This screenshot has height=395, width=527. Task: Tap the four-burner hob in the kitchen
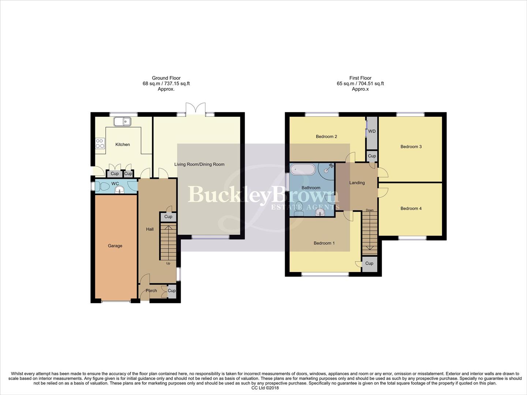(100, 143)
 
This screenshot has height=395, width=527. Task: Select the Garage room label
(115, 246)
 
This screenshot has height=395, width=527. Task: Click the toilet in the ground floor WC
(102, 187)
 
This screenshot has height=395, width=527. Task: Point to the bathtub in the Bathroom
(303, 170)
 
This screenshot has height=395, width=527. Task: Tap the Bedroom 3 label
(411, 147)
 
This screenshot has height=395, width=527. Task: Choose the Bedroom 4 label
(411, 208)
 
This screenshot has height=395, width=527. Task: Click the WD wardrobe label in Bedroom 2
(372, 131)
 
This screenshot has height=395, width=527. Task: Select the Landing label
(357, 183)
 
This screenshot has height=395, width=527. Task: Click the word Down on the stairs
(370, 210)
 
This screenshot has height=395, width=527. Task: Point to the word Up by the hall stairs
(168, 263)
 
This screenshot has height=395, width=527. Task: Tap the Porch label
(151, 291)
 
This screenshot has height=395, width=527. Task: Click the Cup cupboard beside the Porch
(172, 291)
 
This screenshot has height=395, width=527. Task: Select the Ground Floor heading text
(166, 78)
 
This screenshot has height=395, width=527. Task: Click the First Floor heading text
(360, 78)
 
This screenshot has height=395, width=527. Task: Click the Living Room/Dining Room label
(199, 164)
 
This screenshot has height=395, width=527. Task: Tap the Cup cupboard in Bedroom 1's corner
(369, 263)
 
